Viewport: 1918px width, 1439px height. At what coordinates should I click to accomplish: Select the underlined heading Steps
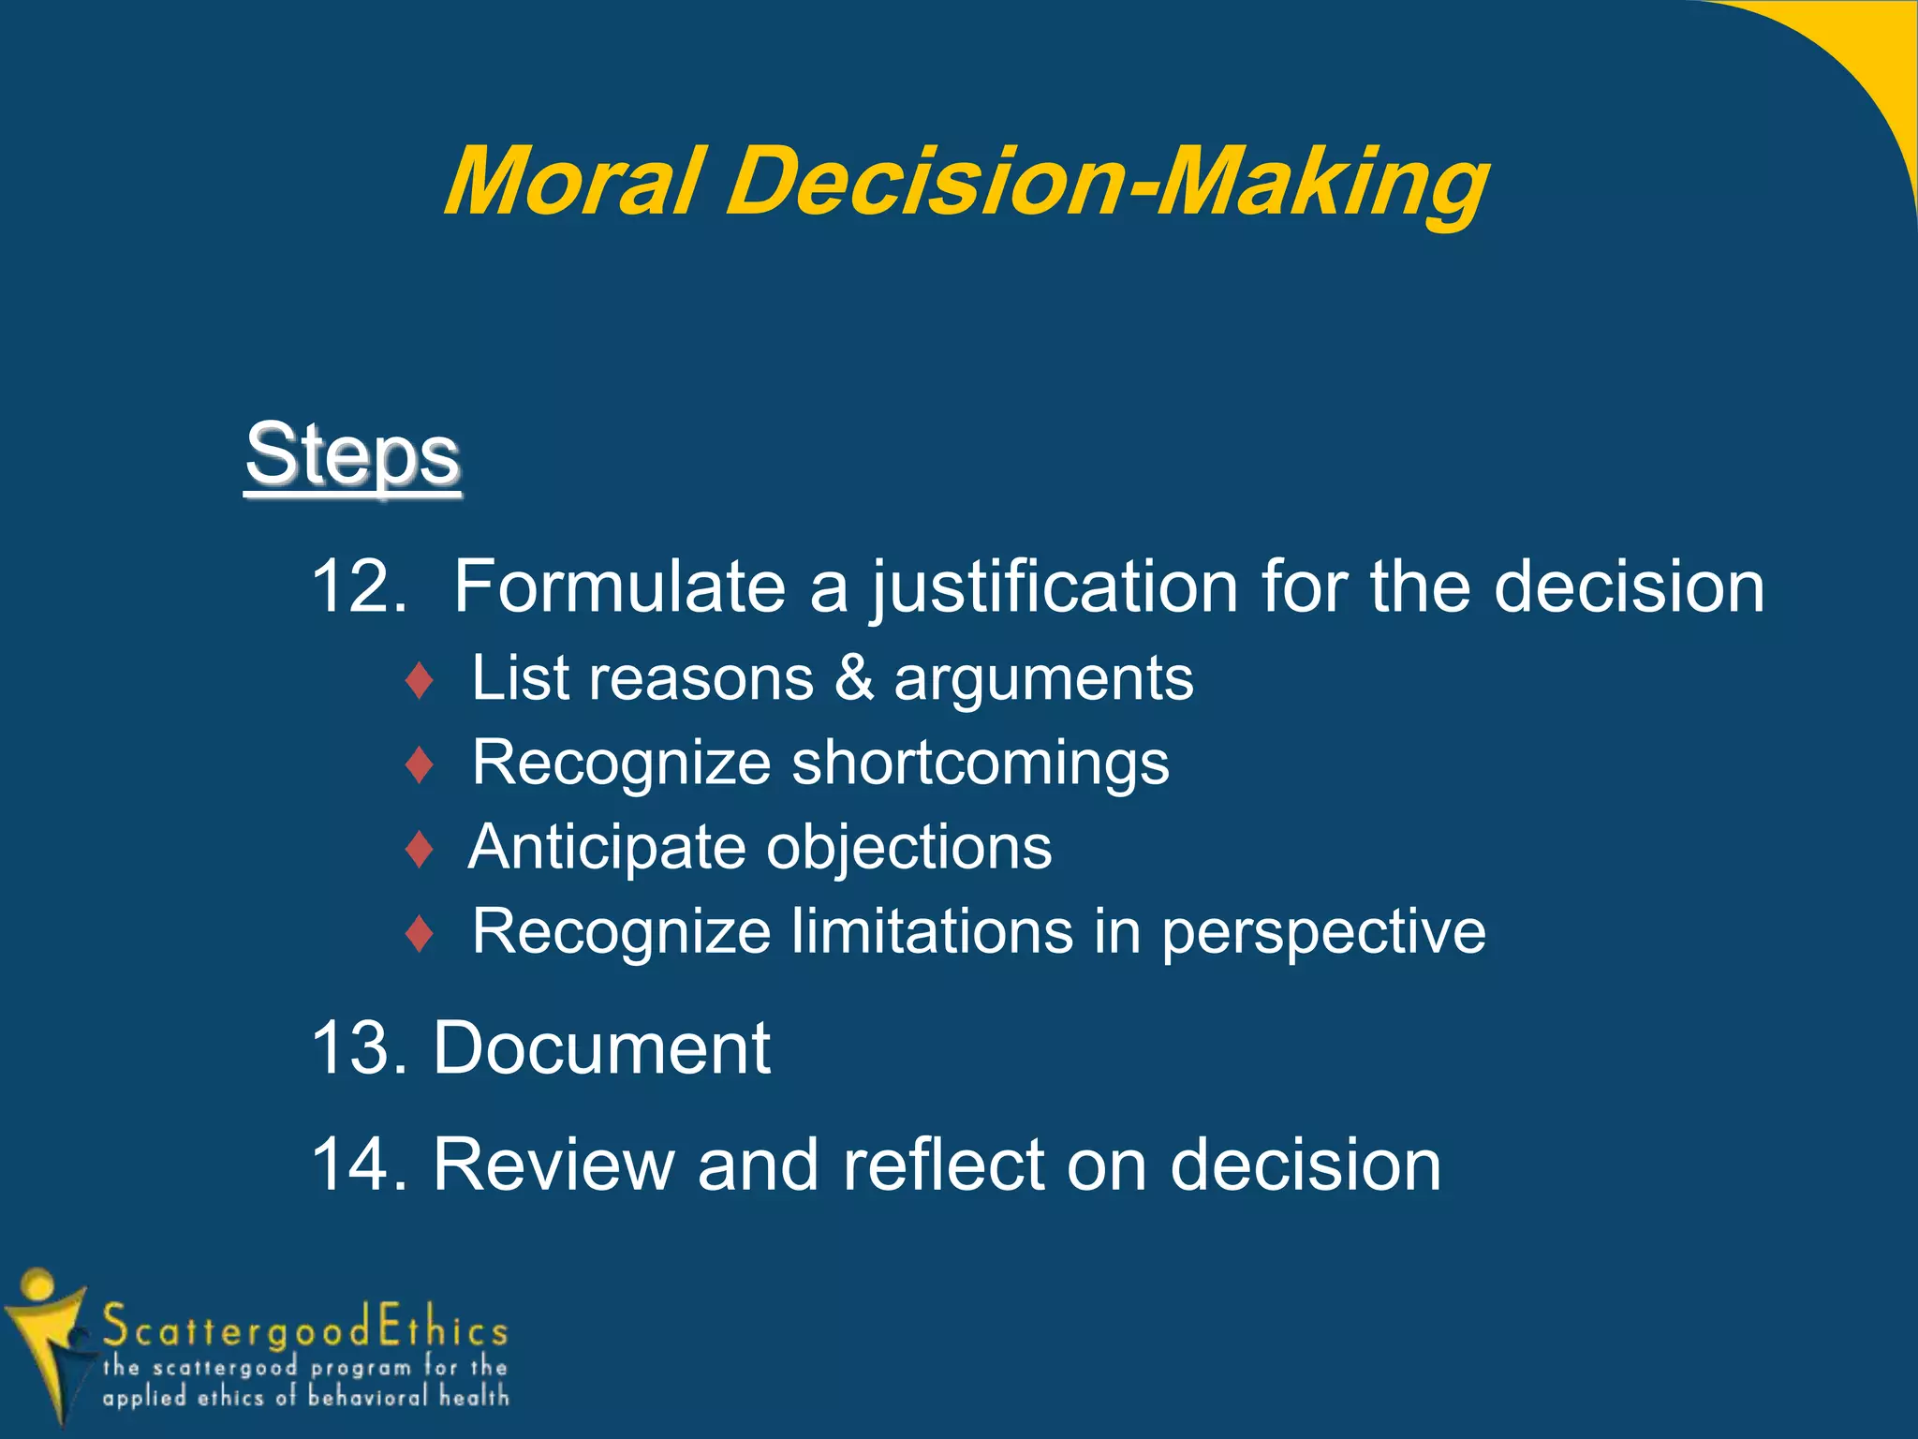click(x=353, y=455)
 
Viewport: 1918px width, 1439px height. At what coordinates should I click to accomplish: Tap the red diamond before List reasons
click(x=420, y=680)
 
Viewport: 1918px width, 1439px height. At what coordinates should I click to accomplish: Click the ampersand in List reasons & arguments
click(x=853, y=678)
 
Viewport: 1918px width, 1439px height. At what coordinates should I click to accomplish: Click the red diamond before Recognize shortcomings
click(x=420, y=764)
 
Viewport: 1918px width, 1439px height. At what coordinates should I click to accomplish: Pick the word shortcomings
click(x=981, y=763)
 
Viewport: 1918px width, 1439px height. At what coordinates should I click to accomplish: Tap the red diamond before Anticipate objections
click(x=420, y=849)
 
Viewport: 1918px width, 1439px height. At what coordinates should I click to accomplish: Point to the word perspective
click(x=1323, y=933)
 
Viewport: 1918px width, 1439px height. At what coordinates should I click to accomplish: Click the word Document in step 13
click(x=601, y=1048)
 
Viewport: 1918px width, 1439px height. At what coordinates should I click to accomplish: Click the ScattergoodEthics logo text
click(x=304, y=1328)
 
